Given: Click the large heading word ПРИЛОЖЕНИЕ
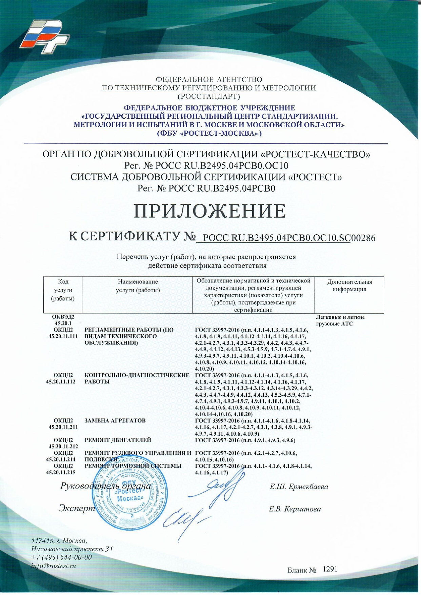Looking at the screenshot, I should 209,211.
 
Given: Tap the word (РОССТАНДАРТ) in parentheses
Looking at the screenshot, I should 209,96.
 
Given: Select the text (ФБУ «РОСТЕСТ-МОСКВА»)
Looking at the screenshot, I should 209,133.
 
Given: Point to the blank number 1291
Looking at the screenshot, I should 330,569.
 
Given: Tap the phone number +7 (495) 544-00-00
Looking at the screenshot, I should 61,557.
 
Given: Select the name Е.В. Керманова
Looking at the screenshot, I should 295,509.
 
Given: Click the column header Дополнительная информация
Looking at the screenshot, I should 349,286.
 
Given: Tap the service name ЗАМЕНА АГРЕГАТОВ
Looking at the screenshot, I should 115,421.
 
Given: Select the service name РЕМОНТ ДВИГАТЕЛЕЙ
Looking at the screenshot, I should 118,440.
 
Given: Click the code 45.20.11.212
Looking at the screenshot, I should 63,447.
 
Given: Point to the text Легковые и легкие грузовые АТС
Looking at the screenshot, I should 340,321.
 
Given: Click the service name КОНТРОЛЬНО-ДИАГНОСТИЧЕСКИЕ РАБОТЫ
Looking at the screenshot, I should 136,379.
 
